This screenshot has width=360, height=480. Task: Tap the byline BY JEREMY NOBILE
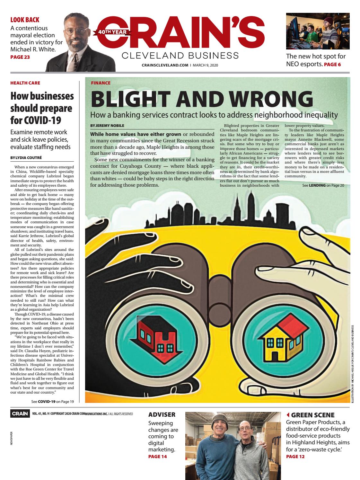click(x=107, y=125)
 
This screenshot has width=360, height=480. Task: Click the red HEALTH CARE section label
click(x=25, y=83)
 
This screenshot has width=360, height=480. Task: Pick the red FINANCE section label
click(x=101, y=83)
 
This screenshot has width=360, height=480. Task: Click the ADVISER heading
click(x=162, y=415)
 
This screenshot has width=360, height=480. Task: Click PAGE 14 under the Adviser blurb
click(x=157, y=456)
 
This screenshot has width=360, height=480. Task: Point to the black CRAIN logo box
click(x=20, y=414)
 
